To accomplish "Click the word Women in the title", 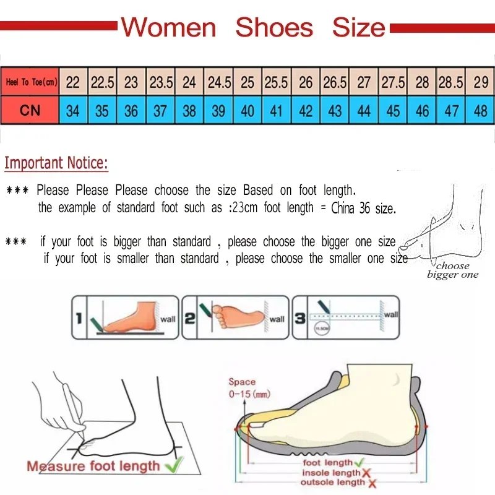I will click(168, 28).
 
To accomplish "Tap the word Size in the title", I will click(358, 28).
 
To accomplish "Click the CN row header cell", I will click(30, 111).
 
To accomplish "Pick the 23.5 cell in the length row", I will click(161, 82).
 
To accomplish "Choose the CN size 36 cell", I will click(131, 111).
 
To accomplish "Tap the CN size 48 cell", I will click(480, 111).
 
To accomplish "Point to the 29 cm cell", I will click(480, 82).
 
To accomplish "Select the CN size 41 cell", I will click(277, 111).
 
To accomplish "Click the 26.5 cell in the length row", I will click(335, 82).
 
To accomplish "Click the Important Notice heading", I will click(56, 163).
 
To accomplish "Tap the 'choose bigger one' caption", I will click(453, 270).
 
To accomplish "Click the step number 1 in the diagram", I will click(79, 319).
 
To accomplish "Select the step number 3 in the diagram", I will click(299, 319).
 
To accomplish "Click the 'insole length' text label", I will click(330, 473).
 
